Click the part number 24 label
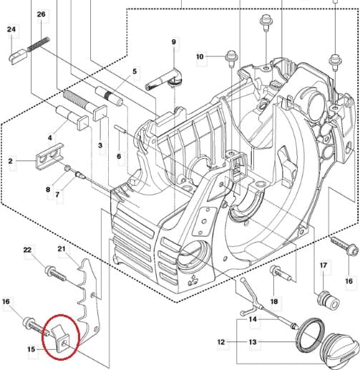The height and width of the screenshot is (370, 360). pos(11,29)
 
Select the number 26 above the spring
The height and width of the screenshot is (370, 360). pos(41,14)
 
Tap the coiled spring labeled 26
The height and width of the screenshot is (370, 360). pos(38,44)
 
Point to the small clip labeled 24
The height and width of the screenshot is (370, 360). pos(18,56)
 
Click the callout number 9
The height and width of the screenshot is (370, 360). pos(174,42)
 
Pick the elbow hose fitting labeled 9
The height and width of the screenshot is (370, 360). pos(164,79)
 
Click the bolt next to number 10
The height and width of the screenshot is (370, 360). pos(231,57)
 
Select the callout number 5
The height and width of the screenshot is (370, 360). pos(135,71)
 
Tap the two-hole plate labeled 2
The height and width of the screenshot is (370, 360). pos(49,157)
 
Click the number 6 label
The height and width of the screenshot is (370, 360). pos(119,156)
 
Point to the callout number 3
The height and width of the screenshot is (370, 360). pos(100,145)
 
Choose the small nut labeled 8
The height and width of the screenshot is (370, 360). pos(67,168)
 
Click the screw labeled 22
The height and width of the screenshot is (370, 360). pos(56,274)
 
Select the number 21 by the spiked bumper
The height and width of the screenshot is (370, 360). pos(62,249)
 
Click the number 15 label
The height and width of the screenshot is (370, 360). pos(31,349)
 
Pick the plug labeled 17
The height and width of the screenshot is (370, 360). pos(329,301)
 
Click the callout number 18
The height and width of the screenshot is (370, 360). pos(274,301)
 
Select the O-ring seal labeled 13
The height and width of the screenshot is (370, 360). pos(310,335)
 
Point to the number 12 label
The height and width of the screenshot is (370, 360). pos(221,342)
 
